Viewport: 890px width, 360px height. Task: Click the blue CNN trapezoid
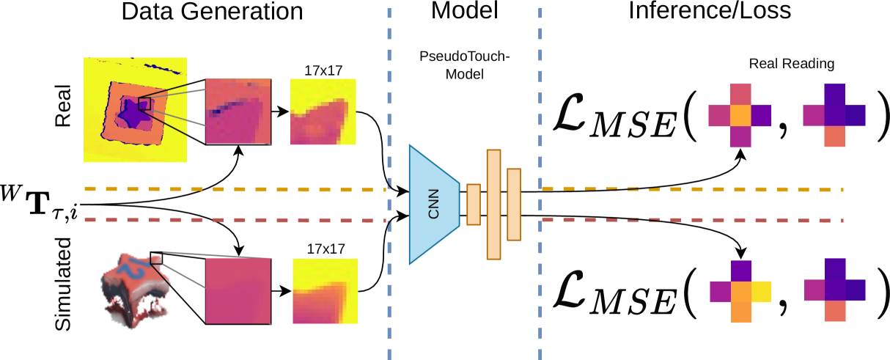point(433,204)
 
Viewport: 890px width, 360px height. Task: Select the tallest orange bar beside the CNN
point(493,204)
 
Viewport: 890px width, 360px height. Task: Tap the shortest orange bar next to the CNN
point(473,204)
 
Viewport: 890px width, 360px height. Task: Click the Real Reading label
point(791,65)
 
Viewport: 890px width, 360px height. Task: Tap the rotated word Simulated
point(65,282)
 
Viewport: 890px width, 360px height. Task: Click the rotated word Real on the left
point(65,106)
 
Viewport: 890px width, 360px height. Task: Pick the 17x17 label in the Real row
point(323,71)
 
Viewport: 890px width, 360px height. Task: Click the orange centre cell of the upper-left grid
point(740,116)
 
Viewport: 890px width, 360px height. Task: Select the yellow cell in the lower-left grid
point(761,291)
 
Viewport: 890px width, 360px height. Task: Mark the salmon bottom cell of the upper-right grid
point(834,137)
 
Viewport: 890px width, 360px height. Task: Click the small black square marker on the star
point(144,104)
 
